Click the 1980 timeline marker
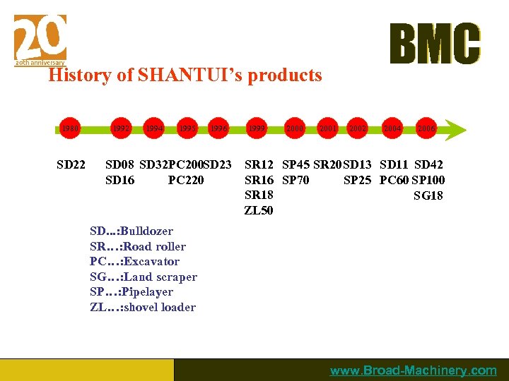(70, 129)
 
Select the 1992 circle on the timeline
(122, 129)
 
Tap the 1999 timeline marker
(257, 129)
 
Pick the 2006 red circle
(426, 129)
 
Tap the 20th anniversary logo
(40, 40)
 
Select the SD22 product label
(71, 165)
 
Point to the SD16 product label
(119, 181)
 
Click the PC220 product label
(186, 181)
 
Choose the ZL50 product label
(258, 211)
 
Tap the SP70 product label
(295, 181)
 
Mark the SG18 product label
(428, 195)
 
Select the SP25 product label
(357, 181)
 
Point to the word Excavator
(151, 262)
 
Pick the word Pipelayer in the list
(148, 292)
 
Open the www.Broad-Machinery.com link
(414, 370)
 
